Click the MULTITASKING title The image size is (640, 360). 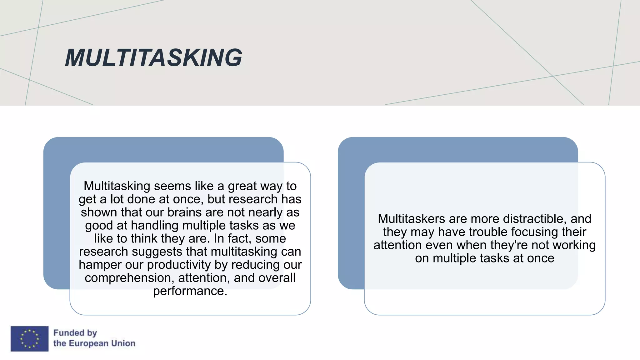pyautogui.click(x=153, y=58)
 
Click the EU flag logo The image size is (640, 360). pyautogui.click(x=29, y=339)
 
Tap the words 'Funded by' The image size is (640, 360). pyautogui.click(x=75, y=333)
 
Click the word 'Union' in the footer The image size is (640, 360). pyautogui.click(x=123, y=343)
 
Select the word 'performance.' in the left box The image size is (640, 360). pyautogui.click(x=190, y=291)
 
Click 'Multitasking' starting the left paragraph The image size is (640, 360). pyautogui.click(x=117, y=186)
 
